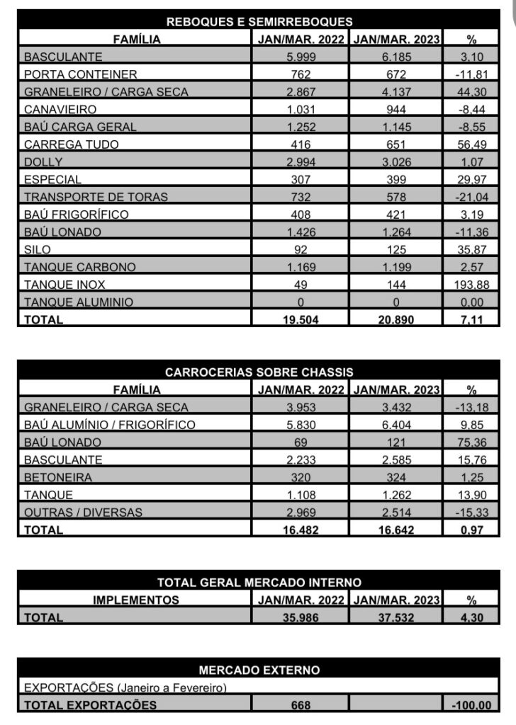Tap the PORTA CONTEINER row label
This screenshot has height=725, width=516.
(80, 74)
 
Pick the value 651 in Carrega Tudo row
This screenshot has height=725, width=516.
(396, 144)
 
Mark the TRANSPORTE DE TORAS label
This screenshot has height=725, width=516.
(96, 197)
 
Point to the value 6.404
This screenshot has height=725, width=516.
(396, 425)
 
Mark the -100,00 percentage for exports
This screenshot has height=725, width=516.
(471, 705)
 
